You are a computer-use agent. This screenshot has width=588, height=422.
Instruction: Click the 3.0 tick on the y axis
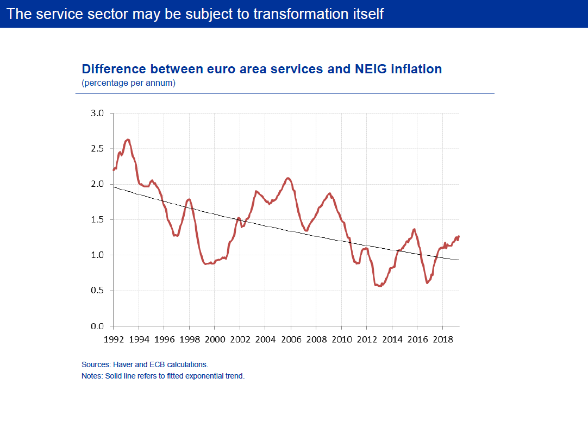point(97,114)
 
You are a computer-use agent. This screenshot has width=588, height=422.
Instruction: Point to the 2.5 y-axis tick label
point(97,149)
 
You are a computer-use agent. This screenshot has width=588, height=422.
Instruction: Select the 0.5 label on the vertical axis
point(97,291)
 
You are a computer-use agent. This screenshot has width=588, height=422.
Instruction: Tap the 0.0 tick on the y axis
point(97,326)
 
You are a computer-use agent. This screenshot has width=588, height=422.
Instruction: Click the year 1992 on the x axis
point(113,338)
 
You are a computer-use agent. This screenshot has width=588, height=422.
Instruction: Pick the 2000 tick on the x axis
point(214,338)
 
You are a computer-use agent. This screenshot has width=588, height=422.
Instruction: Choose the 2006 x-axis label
point(290,338)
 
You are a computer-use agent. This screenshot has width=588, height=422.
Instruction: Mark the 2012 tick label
point(366,338)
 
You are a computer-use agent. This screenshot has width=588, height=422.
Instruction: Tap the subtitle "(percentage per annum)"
point(128,83)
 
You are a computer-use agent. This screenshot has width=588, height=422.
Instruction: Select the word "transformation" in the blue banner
point(302,14)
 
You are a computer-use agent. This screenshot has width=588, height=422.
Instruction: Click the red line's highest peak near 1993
point(127,140)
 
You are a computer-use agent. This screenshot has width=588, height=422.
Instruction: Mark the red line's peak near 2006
point(289,178)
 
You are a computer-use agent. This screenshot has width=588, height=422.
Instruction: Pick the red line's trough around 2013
point(379,286)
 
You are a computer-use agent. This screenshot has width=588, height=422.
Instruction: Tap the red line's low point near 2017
point(427,283)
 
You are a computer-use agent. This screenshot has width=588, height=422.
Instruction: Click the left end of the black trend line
point(114,187)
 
